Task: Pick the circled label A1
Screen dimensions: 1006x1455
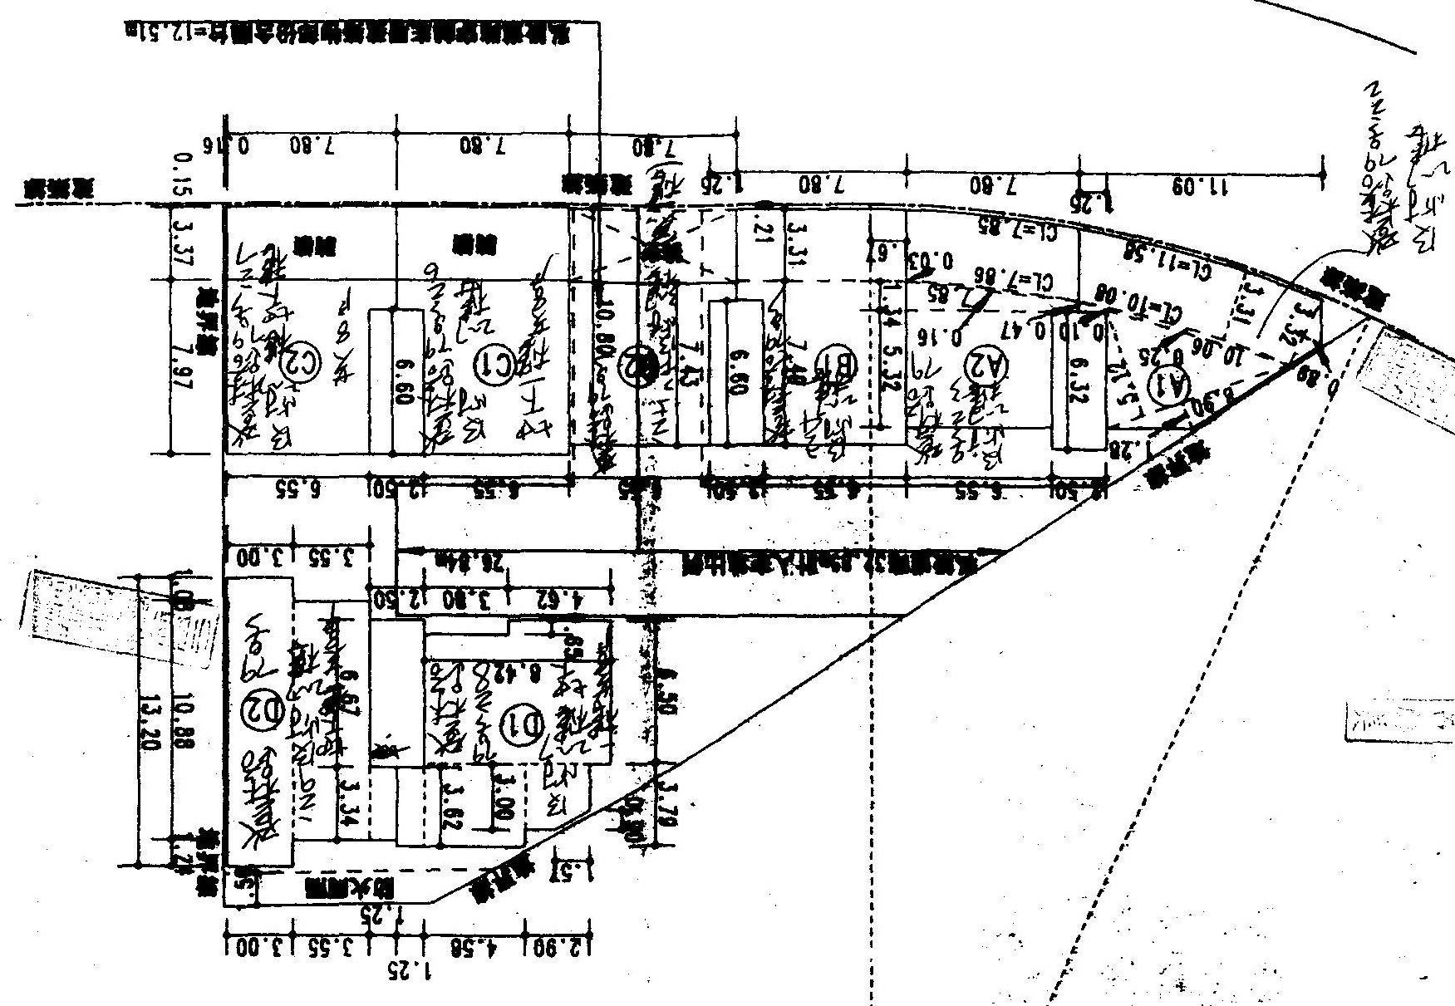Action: click(x=1168, y=385)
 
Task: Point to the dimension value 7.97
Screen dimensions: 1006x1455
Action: click(x=184, y=366)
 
